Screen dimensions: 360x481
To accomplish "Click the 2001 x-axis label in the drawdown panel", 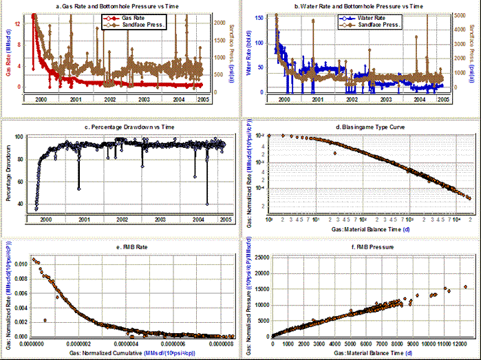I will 84,218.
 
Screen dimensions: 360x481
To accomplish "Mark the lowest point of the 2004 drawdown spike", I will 207,204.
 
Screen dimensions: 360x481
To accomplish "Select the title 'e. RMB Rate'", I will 120,244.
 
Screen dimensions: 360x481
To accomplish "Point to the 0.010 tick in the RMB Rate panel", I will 19,263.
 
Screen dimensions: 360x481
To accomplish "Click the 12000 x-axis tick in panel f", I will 460,342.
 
